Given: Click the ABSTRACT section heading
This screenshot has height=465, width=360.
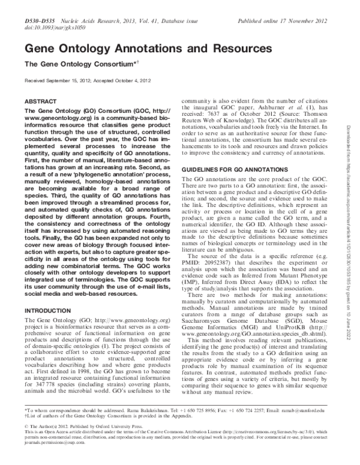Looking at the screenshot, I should tap(40, 103).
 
